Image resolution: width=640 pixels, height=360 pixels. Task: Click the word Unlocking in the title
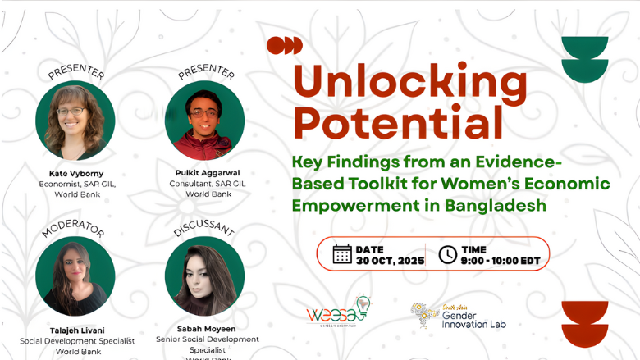point(410,81)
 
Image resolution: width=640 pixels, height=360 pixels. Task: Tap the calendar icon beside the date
point(342,254)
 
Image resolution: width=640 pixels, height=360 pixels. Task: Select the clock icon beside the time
point(447,254)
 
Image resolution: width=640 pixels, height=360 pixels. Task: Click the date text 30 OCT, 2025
point(390,261)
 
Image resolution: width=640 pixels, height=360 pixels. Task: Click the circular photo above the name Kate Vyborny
point(75,121)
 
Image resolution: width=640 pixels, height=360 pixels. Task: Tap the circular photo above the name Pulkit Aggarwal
point(204,121)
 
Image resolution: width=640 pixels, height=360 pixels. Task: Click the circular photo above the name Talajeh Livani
point(75,276)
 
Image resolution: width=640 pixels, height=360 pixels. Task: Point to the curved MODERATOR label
point(75,227)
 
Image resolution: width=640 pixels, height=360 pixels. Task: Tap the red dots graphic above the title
point(284,45)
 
